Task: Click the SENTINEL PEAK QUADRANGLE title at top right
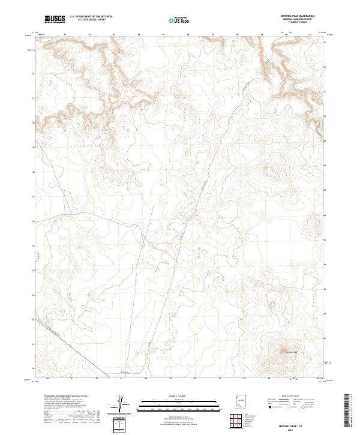pos(298,16)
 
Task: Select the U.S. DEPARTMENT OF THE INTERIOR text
pos(90,16)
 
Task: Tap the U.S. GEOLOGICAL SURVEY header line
pos(90,20)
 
